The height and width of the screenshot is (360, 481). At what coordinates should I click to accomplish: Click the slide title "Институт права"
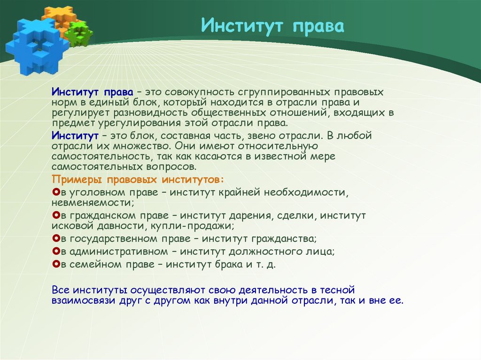point(273,26)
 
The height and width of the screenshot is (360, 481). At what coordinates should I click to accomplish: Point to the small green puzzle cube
point(79,34)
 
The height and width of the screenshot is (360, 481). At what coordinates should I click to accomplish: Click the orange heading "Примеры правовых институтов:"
point(138,180)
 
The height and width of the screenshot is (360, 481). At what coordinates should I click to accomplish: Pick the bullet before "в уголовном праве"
point(56,192)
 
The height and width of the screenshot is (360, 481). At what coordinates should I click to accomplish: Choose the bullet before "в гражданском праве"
point(56,215)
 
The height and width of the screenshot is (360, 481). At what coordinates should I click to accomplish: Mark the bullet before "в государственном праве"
point(56,238)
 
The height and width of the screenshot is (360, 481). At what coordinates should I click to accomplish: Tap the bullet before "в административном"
point(56,252)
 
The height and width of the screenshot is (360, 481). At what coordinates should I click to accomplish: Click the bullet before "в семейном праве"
point(56,264)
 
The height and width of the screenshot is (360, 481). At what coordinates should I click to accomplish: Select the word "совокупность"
point(199,92)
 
